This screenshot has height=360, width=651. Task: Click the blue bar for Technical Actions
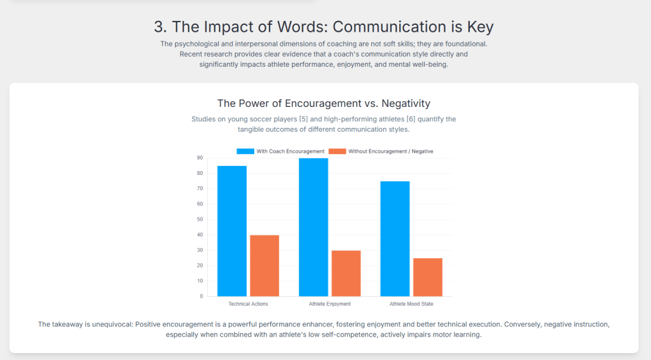click(x=232, y=231)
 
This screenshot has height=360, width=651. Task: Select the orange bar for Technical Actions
click(x=264, y=265)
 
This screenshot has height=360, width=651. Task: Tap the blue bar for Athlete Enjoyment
click(x=313, y=227)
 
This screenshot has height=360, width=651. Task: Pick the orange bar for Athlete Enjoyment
click(x=346, y=273)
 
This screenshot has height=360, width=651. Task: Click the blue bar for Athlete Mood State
click(x=395, y=239)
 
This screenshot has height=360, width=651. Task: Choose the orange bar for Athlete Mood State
click(x=427, y=277)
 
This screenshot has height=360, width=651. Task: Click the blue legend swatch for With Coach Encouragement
click(x=245, y=151)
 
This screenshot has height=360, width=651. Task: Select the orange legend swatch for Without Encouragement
click(x=337, y=151)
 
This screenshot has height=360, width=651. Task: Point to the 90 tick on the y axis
click(x=200, y=158)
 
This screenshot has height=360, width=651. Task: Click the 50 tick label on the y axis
click(x=200, y=219)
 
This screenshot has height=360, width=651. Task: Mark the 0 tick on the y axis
click(x=201, y=296)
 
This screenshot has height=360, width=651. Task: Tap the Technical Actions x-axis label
click(x=248, y=304)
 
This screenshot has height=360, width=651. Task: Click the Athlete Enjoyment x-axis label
click(x=329, y=304)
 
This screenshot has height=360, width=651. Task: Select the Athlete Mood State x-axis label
click(x=411, y=304)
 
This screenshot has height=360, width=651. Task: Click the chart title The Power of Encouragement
click(x=324, y=103)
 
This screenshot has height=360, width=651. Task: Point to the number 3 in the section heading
click(x=159, y=27)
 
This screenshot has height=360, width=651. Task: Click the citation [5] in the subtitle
click(x=303, y=119)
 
